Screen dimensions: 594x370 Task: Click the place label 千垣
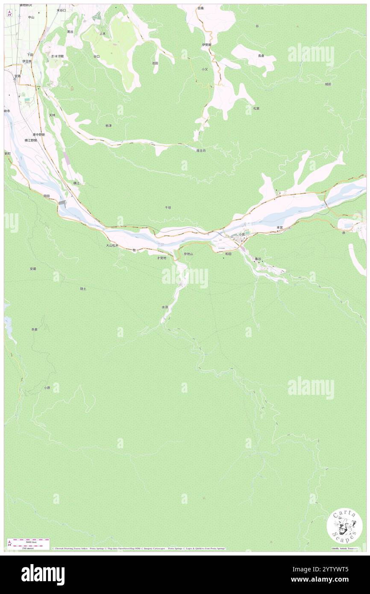click(x=168, y=207)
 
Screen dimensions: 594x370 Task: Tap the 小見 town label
click(x=242, y=234)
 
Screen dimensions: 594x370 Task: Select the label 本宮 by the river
click(x=279, y=227)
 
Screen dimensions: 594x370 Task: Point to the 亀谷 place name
click(x=257, y=259)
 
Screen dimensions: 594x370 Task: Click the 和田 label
click(x=228, y=254)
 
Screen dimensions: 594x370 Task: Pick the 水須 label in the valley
click(x=164, y=307)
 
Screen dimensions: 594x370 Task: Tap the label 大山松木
click(x=112, y=246)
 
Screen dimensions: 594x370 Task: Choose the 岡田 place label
click(x=47, y=195)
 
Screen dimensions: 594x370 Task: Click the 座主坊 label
click(x=201, y=150)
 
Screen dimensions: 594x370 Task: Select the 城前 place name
click(x=328, y=84)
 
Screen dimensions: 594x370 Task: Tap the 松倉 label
click(x=256, y=108)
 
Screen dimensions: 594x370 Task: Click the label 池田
click(x=155, y=63)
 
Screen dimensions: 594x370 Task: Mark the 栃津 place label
click(x=108, y=126)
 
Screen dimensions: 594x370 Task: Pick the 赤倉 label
click(x=34, y=329)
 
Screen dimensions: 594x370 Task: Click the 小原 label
click(x=47, y=388)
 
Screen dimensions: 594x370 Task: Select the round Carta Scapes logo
click(x=344, y=527)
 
